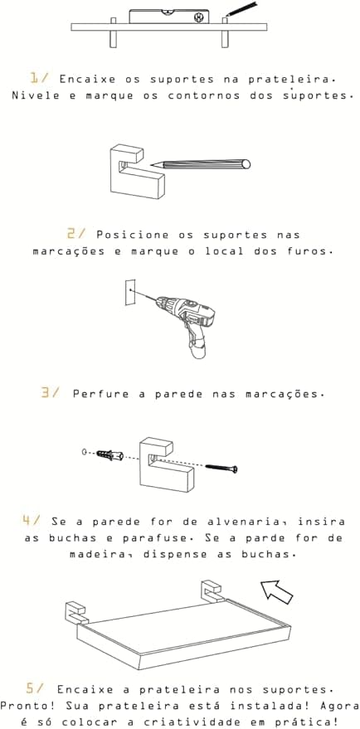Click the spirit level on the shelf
click(x=169, y=17)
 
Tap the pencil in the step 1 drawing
click(x=241, y=9)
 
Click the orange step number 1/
click(x=39, y=78)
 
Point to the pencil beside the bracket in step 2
click(x=201, y=164)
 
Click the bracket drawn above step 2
click(x=137, y=172)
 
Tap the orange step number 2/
click(x=76, y=233)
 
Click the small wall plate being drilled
click(x=130, y=292)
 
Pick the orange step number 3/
click(x=51, y=393)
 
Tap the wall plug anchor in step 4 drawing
click(x=109, y=455)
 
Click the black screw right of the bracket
click(x=221, y=468)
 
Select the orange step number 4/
click(x=32, y=520)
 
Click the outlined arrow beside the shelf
click(x=276, y=592)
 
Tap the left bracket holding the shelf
click(x=75, y=614)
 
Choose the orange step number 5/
click(x=36, y=688)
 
